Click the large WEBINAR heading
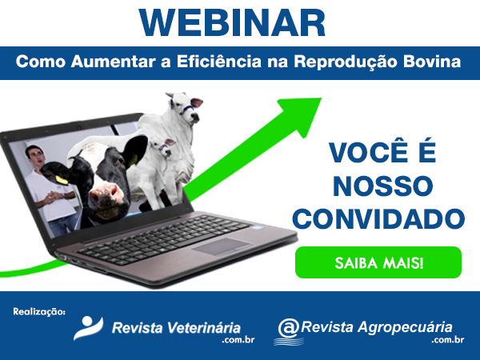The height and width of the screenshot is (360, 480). click(x=232, y=23)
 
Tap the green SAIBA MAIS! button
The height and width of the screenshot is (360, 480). click(x=378, y=262)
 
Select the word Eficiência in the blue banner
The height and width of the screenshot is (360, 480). click(x=219, y=62)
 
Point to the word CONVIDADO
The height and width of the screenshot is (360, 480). click(x=378, y=219)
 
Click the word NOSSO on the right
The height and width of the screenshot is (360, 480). click(x=382, y=186)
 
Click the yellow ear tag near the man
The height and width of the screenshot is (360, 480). click(x=62, y=180)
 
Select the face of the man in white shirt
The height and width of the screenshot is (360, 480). click(x=36, y=158)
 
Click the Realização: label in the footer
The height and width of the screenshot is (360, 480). click(x=39, y=312)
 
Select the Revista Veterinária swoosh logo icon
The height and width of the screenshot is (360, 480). click(x=88, y=328)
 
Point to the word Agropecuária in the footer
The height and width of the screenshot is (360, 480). click(x=405, y=327)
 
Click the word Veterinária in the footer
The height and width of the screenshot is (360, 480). click(x=205, y=328)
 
